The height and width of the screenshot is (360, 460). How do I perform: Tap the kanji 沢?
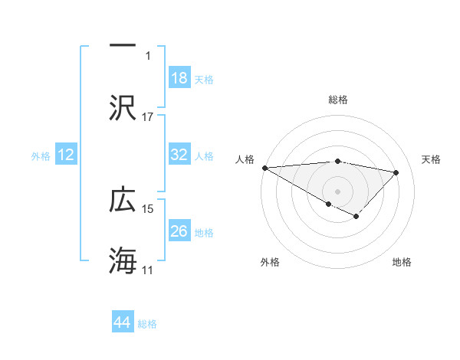coord(123,108)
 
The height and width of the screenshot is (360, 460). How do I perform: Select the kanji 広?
coord(123,200)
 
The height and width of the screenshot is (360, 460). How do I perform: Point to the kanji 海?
coord(123,260)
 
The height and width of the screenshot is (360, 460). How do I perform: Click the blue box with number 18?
coord(179,78)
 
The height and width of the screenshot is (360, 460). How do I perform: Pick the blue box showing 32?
coord(179,155)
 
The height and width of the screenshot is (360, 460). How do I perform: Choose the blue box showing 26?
coord(179,231)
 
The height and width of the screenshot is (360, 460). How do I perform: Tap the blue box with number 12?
coord(66,155)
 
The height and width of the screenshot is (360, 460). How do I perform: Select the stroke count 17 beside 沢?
coord(148,116)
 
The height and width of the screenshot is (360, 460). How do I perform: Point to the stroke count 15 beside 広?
coord(148,208)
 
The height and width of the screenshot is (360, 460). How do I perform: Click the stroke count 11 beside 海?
coord(148,270)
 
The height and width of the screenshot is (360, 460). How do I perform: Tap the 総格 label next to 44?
coord(147,324)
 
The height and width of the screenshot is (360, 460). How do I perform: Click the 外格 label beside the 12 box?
coord(41,155)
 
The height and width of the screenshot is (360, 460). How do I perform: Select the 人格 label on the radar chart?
coord(244,159)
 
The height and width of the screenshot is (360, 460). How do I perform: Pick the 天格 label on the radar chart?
coord(432,159)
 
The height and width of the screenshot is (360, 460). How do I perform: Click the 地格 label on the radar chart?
coord(402,262)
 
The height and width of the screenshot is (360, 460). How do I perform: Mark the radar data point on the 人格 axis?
coord(264,168)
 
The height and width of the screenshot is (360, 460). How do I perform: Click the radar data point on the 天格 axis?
coord(396,172)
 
